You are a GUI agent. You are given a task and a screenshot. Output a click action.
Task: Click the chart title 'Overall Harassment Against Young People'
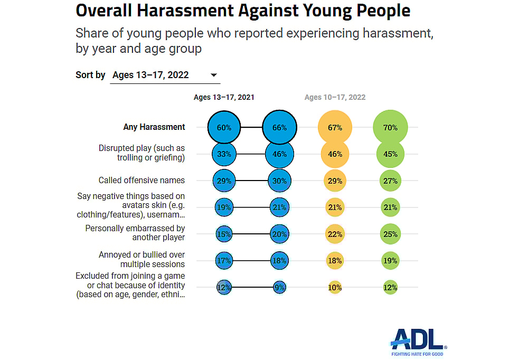coord(243,11)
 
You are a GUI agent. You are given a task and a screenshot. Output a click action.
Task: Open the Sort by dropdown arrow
coord(214,75)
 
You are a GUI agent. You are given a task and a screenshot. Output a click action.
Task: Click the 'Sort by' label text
coord(90,75)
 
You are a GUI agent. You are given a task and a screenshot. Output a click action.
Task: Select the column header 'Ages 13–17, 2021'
coord(224,97)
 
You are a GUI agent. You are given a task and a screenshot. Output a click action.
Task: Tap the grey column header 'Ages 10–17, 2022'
coord(335,97)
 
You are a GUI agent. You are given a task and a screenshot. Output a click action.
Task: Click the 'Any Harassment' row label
coord(154,127)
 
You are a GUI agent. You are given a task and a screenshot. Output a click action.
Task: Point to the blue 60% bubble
coord(224,127)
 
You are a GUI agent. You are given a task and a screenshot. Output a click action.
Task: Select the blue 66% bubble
coord(279,127)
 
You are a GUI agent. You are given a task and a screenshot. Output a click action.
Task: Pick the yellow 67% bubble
coord(335,127)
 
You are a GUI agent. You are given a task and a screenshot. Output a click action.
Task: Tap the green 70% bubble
coord(390,127)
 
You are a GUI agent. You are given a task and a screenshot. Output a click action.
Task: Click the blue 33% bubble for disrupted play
coord(224,154)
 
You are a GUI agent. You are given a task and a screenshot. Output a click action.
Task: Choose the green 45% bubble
coord(390,154)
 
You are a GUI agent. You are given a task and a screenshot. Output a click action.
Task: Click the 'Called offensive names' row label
coord(142,181)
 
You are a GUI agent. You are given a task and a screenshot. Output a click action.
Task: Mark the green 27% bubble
coord(390,181)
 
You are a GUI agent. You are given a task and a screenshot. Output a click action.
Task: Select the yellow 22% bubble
coord(335,234)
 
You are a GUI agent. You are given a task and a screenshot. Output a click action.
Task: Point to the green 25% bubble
coord(390,234)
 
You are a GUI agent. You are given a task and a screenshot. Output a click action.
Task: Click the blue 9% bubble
coord(279,288)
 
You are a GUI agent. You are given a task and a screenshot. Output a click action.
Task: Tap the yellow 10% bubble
coord(335,288)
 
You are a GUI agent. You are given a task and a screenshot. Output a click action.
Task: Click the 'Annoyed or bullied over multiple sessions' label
coord(142,260)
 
